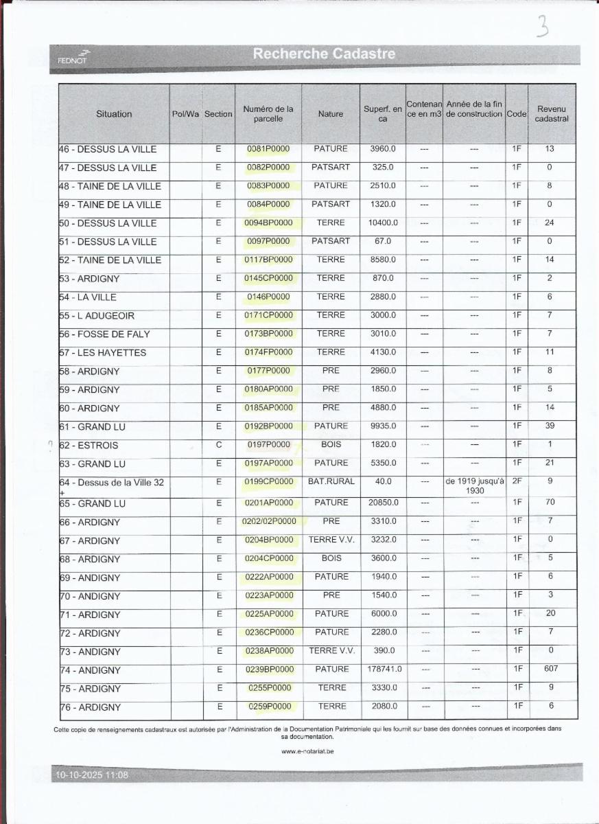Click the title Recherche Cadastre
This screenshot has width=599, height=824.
coord(324,54)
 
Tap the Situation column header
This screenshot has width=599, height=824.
coord(114,114)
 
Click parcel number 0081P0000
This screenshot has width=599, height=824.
coord(268,149)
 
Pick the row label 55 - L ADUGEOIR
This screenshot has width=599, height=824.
coord(97,316)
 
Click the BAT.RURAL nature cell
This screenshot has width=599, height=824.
coord(331,481)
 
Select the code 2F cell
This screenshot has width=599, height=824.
coord(517,481)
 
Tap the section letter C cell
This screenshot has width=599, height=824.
coord(219,444)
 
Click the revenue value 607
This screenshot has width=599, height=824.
coord(550,669)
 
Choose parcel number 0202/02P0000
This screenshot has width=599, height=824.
coord(269,521)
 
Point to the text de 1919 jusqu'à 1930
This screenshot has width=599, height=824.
coord(475,486)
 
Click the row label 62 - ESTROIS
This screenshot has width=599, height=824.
coord(89,445)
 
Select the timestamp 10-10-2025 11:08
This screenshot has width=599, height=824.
coord(92,775)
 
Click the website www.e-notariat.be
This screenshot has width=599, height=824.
coord(307,751)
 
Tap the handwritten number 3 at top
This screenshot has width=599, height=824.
coord(543,27)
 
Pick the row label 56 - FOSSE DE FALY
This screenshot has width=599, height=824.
coord(104,334)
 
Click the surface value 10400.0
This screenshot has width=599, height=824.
coord(383,223)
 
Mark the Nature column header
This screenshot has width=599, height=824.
coord(331,114)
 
